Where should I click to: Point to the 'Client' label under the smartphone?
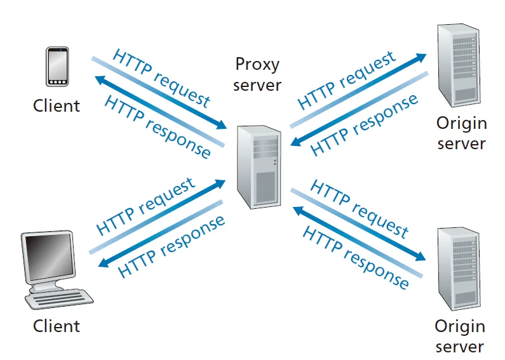point(57,105)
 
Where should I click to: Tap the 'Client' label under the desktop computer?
point(57,326)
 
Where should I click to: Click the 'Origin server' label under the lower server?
point(459,337)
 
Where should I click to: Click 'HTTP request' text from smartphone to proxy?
point(161,77)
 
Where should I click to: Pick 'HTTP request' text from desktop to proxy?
point(145,206)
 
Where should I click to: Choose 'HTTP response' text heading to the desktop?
point(172,244)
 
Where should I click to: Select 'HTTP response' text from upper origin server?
point(365,123)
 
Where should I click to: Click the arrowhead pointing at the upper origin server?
point(420,57)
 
